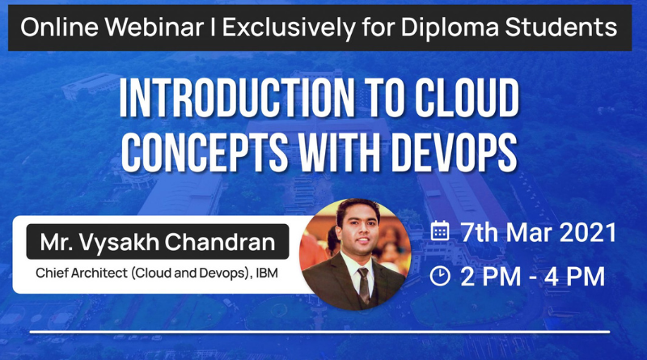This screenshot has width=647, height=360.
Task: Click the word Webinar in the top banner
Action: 154,28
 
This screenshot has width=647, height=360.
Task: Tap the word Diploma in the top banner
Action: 450,28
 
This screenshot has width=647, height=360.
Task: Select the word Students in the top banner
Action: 561,28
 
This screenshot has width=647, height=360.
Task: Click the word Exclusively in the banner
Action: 289,28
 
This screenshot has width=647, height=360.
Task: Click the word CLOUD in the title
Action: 467,97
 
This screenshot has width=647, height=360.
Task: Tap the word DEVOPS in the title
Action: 455,152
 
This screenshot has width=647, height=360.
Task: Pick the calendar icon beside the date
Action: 440,231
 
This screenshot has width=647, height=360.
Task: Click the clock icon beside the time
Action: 440,276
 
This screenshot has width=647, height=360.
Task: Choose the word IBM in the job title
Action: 267,273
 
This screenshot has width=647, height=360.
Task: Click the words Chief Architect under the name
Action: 82,273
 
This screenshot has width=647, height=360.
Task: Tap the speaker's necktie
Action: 363,285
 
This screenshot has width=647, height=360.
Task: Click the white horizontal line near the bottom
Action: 319,332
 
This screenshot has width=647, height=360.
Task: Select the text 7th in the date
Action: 479,232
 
